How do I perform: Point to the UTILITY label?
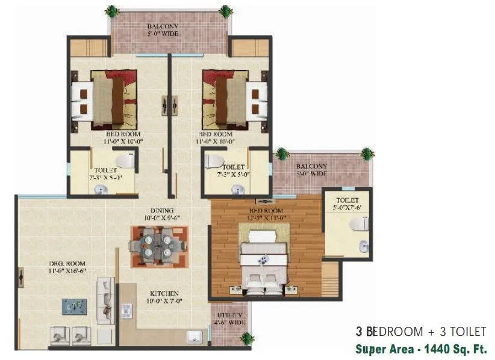tap(229, 315)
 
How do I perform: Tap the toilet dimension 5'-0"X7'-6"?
tap(347, 208)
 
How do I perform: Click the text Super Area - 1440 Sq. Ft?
tap(420, 349)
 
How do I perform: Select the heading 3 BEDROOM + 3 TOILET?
tap(420, 332)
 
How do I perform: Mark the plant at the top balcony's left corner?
tap(111, 11)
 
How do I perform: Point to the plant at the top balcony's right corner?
tap(226, 11)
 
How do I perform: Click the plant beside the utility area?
tap(247, 338)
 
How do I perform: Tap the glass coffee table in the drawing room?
tap(74, 306)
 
